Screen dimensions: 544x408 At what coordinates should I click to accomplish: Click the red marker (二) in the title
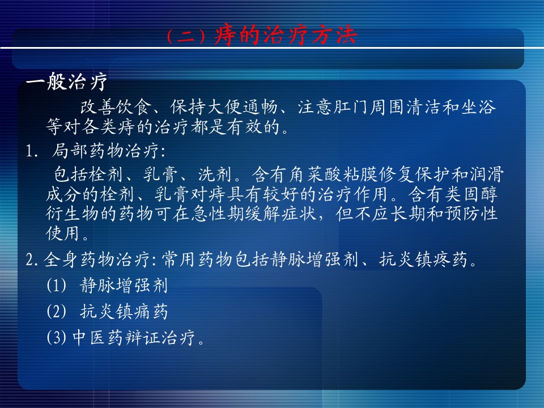(186, 36)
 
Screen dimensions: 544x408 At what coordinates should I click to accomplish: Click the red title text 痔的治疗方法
(286, 35)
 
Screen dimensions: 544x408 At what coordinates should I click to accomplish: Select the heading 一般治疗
(67, 82)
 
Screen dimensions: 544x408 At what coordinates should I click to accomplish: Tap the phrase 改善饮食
(116, 107)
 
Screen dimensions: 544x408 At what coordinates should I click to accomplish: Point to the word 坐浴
(478, 107)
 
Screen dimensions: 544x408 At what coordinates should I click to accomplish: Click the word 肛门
(351, 107)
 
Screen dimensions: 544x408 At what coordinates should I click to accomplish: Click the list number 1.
(32, 151)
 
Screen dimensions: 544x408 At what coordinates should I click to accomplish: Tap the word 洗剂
(215, 174)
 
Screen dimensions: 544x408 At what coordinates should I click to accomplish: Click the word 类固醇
(471, 194)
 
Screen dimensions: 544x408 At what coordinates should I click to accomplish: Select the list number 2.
(32, 260)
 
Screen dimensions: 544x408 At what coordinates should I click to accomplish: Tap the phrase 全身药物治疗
(96, 259)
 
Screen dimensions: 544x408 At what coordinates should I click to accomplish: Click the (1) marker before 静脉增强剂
(56, 286)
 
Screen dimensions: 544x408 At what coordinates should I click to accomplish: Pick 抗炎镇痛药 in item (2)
(124, 311)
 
